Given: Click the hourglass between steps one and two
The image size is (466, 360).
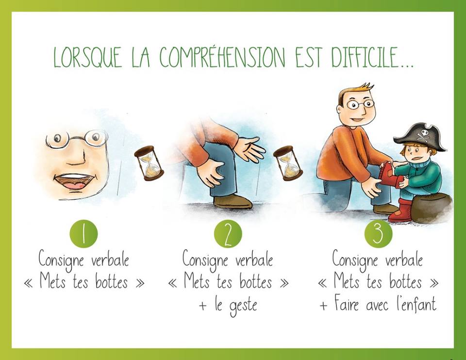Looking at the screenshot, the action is [149, 163].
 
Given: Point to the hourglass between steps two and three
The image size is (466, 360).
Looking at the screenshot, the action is [288, 163].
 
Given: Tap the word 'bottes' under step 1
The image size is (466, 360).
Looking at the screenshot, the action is [112, 281].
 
